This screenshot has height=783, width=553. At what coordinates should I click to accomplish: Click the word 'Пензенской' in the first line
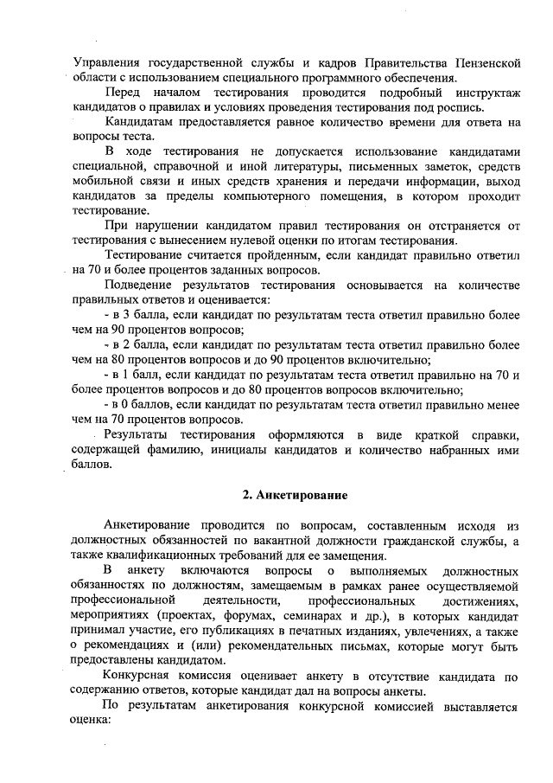tap(480, 62)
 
